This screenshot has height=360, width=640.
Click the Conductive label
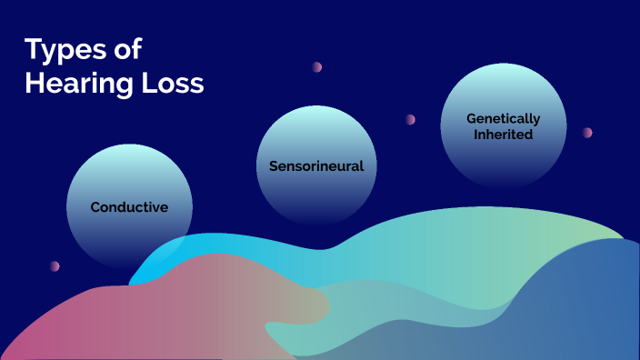click(x=129, y=207)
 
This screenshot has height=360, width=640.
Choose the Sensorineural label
click(x=316, y=166)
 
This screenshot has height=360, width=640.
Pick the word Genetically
click(x=503, y=118)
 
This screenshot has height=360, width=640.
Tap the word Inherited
click(x=503, y=134)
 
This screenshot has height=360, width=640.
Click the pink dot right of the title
click(x=317, y=67)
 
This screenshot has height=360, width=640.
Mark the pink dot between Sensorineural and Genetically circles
click(x=410, y=119)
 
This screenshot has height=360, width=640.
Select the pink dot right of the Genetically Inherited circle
click(x=587, y=133)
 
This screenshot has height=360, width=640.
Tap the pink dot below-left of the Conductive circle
click(x=55, y=266)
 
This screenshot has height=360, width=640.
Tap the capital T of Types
click(x=33, y=50)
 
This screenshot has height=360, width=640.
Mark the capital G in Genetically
click(x=471, y=118)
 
